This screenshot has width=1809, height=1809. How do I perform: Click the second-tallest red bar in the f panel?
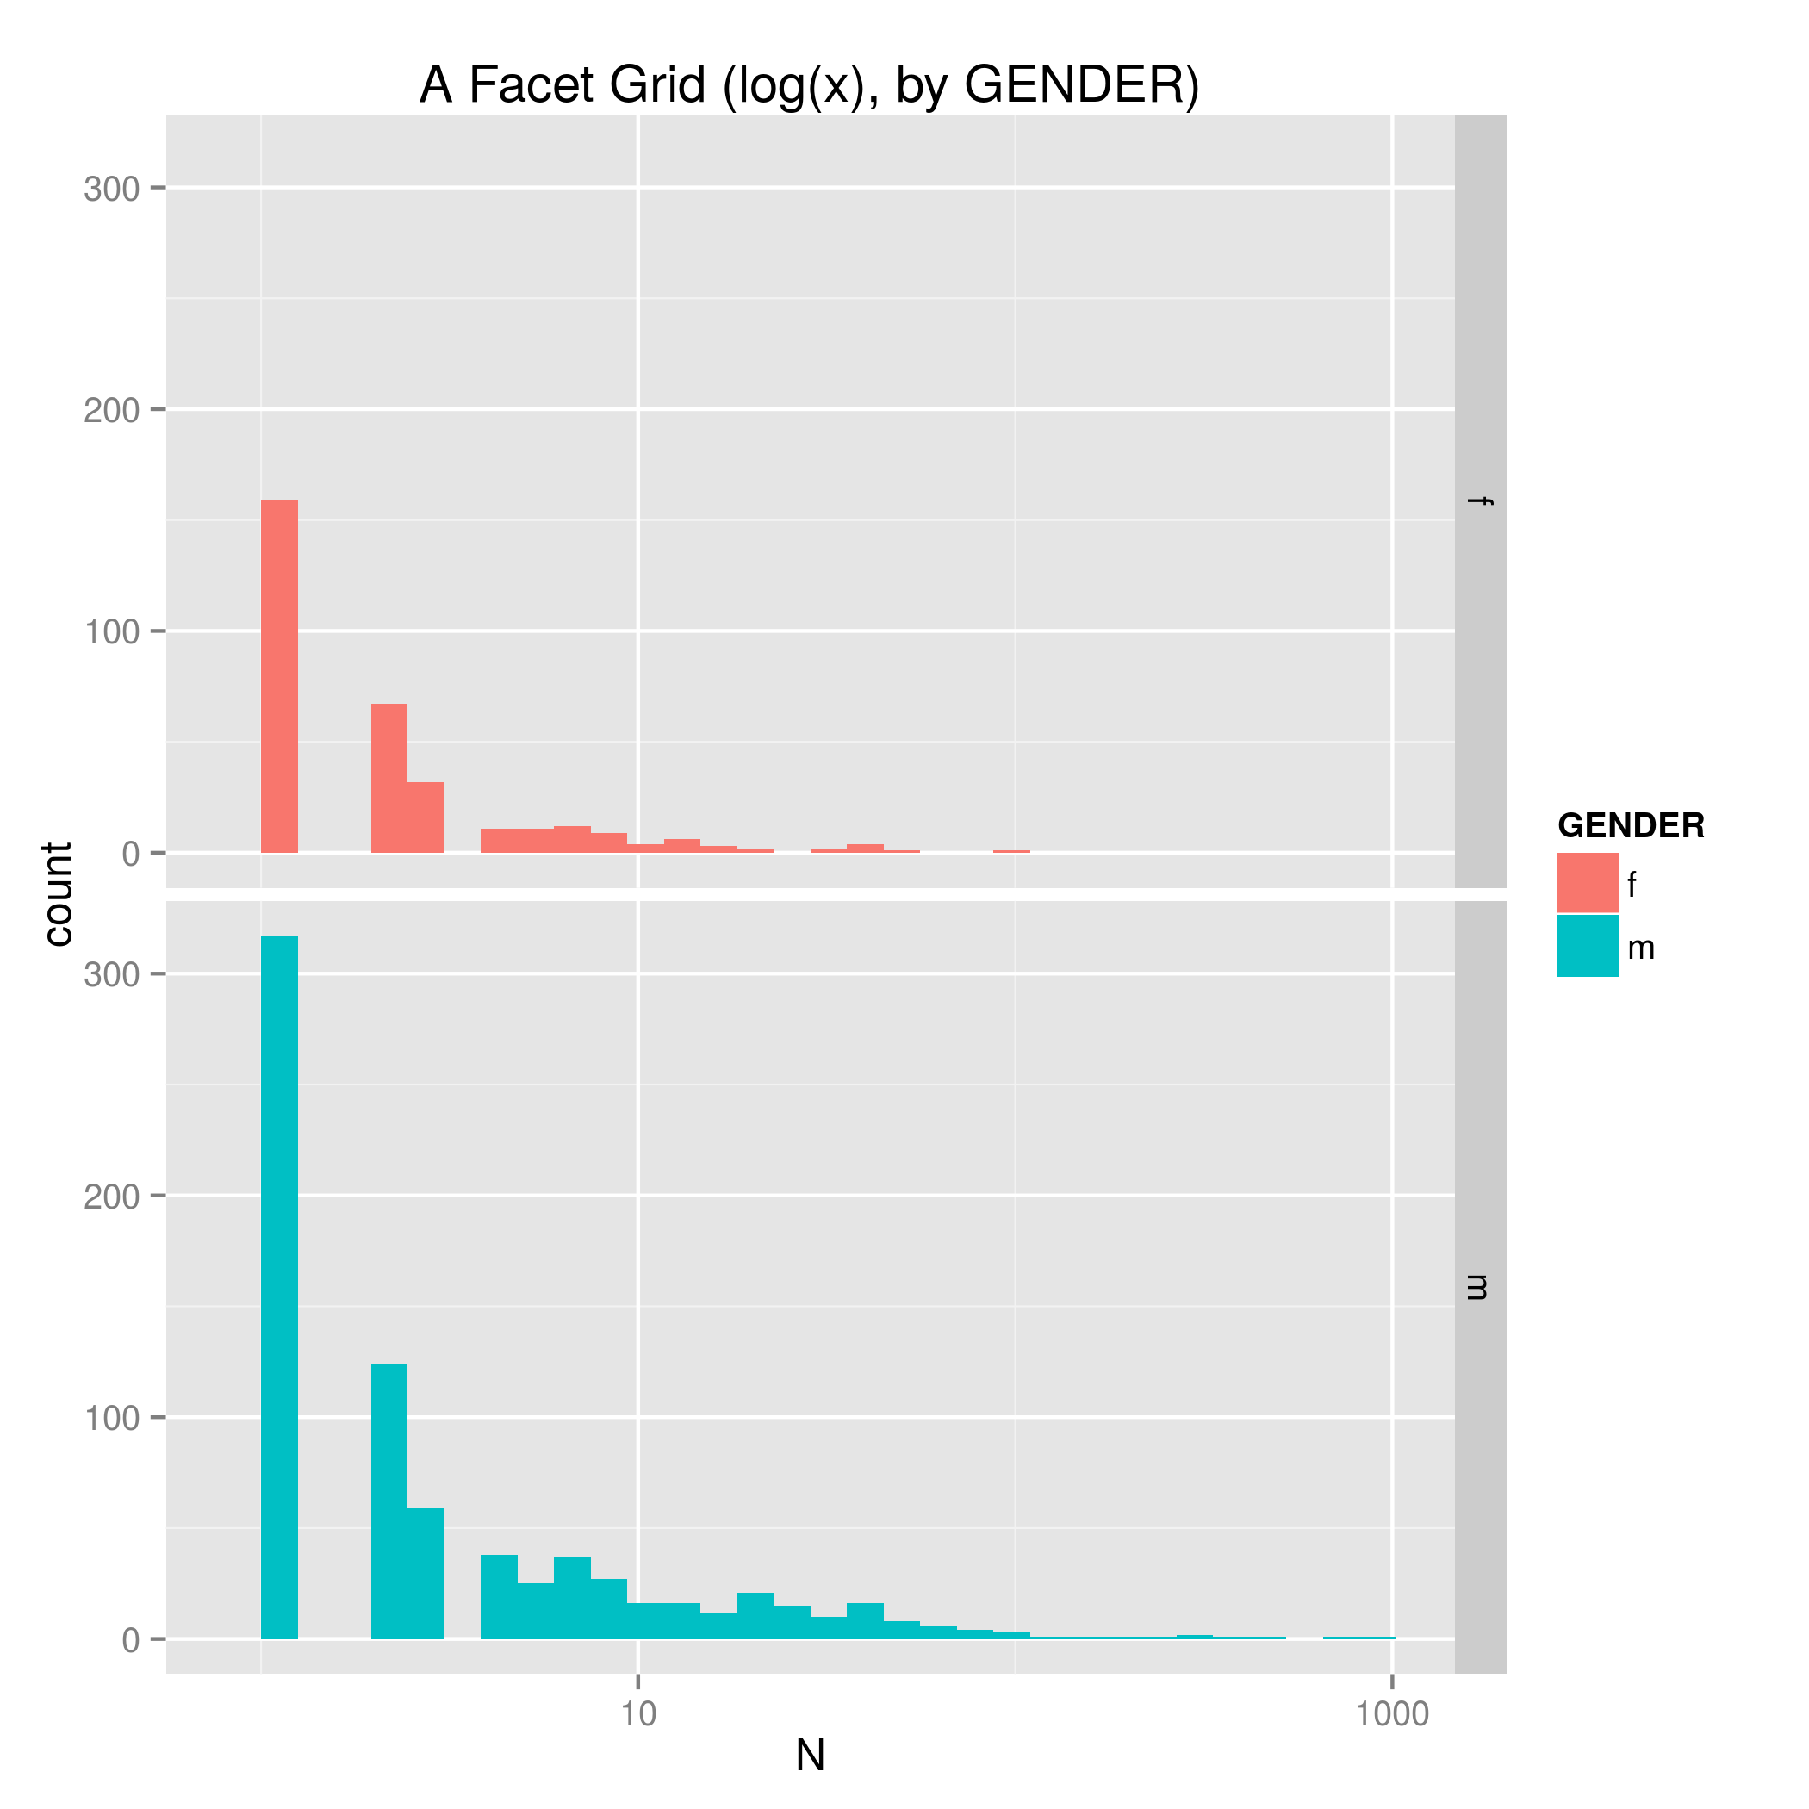point(389,778)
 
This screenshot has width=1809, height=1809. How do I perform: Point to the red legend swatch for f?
point(1588,883)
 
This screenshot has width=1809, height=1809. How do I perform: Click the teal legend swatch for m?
point(1588,947)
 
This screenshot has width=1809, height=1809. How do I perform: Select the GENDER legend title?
point(1630,826)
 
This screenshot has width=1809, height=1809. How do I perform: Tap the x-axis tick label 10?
point(637,1714)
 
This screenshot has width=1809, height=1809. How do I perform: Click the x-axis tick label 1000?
point(1392,1714)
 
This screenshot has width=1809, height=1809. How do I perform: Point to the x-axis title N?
point(810,1756)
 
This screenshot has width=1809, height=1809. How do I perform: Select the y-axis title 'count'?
point(58,894)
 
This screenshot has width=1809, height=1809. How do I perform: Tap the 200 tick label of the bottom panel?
point(111,1197)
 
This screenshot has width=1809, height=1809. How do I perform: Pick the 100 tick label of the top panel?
point(111,632)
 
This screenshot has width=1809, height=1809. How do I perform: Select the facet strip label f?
point(1480,502)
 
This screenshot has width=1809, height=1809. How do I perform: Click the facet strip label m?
point(1480,1288)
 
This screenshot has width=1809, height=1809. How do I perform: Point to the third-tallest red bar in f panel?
point(426,817)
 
